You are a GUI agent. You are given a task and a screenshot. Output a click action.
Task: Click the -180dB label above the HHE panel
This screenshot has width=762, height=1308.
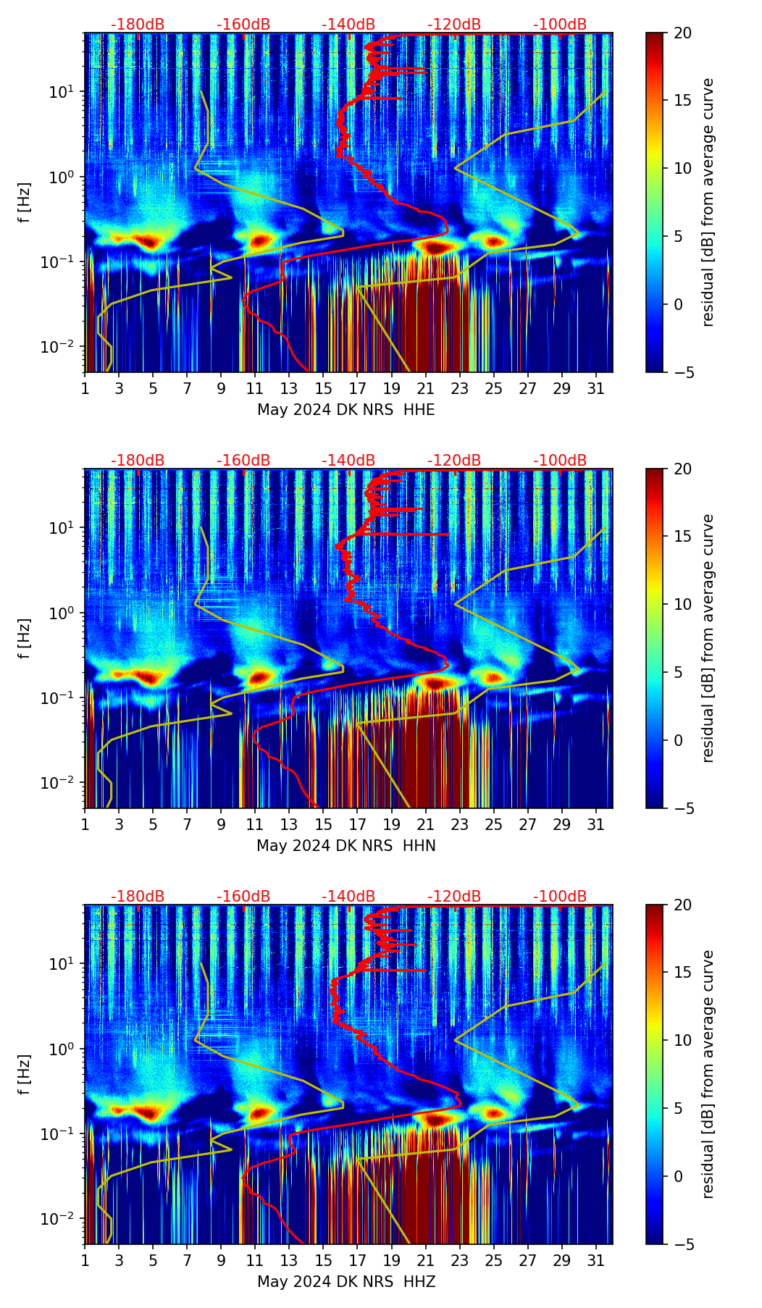point(138,25)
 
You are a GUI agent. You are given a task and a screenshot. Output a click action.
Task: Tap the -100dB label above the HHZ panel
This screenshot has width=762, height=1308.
point(560,897)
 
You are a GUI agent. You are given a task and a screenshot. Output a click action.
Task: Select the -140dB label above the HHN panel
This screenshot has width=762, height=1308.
point(348,461)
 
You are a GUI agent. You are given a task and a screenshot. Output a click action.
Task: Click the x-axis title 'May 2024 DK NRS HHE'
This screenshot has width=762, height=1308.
point(346,410)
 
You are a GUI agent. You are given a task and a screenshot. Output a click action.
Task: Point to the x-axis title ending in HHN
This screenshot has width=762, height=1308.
point(346,846)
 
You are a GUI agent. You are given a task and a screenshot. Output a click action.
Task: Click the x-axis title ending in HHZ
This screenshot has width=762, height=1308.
point(346,1282)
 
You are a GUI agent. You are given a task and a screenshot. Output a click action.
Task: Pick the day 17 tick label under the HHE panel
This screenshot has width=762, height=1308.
point(358,388)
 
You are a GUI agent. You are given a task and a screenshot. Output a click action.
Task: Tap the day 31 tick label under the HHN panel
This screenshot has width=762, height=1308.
point(596,824)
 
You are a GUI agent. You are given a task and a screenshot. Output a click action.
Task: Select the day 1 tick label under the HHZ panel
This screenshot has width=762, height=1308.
point(85,1260)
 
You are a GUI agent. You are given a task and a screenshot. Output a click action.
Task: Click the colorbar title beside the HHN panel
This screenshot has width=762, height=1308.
point(708,638)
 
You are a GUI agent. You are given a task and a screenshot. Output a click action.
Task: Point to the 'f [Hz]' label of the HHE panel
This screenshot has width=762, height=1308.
point(25,203)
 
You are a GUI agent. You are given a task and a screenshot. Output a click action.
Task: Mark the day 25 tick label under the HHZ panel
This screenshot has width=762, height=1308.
point(494,1260)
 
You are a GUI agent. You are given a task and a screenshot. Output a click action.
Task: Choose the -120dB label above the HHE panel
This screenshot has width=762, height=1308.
point(454,25)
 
